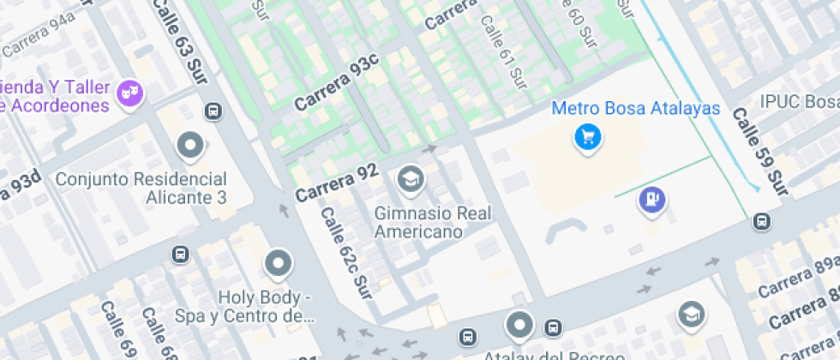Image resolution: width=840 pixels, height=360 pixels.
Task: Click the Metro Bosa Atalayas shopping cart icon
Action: click(587, 136)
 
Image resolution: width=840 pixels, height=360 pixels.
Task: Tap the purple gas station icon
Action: click(653, 201)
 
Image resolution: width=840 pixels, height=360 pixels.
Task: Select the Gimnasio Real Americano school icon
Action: click(411, 179)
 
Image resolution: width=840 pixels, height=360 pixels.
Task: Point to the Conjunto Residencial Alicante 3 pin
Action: click(189, 146)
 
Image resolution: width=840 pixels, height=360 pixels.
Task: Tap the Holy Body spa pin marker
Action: click(279, 264)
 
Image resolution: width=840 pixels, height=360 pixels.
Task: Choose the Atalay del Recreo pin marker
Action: click(519, 326)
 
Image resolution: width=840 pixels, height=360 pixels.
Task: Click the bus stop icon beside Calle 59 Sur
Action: click(759, 222)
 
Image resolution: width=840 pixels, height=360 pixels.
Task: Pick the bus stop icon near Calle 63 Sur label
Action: click(213, 111)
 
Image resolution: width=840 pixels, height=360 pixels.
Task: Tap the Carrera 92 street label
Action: click(337, 182)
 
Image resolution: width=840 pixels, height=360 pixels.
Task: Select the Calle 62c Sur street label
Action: click(346, 254)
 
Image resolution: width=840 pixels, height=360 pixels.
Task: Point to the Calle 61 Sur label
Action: click(503, 52)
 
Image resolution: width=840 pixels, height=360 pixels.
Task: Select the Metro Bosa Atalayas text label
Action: click(635, 109)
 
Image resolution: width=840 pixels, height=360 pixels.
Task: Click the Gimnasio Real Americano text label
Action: click(434, 222)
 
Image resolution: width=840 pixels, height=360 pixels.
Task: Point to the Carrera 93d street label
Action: click(19, 190)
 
